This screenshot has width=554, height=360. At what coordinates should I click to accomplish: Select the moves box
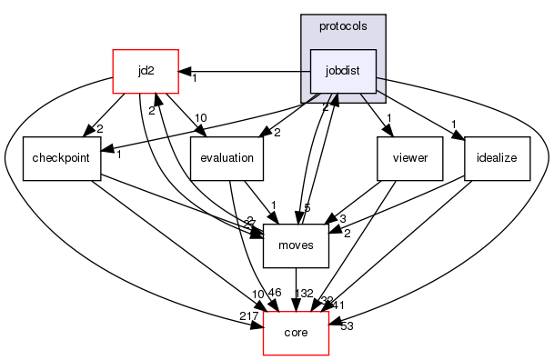295,246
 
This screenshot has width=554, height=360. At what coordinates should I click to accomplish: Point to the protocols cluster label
344,25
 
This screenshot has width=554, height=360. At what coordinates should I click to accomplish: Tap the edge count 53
346,326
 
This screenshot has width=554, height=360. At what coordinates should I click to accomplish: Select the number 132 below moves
305,294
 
